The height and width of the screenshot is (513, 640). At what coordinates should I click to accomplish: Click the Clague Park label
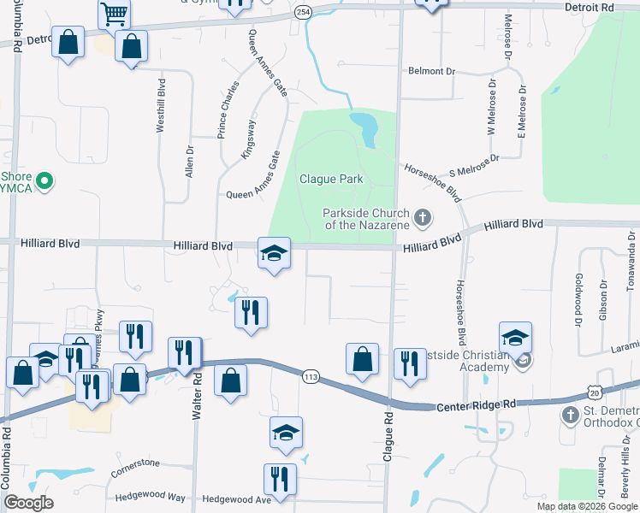[x=331, y=180]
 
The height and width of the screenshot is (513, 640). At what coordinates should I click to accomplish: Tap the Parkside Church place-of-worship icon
[x=421, y=218]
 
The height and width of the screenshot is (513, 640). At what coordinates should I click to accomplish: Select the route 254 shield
[x=302, y=12]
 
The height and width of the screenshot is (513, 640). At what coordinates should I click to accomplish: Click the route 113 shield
[x=309, y=375]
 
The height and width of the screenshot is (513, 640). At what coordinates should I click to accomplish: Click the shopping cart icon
[x=113, y=14]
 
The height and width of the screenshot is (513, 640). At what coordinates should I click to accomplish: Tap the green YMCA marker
[x=48, y=180]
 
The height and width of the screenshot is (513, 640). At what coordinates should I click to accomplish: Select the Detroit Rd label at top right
[x=590, y=7]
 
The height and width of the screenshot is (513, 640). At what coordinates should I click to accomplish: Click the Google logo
[x=28, y=502]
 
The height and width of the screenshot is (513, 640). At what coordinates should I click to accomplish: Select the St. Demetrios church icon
[x=571, y=415]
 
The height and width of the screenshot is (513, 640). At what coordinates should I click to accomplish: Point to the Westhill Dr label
[x=159, y=106]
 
